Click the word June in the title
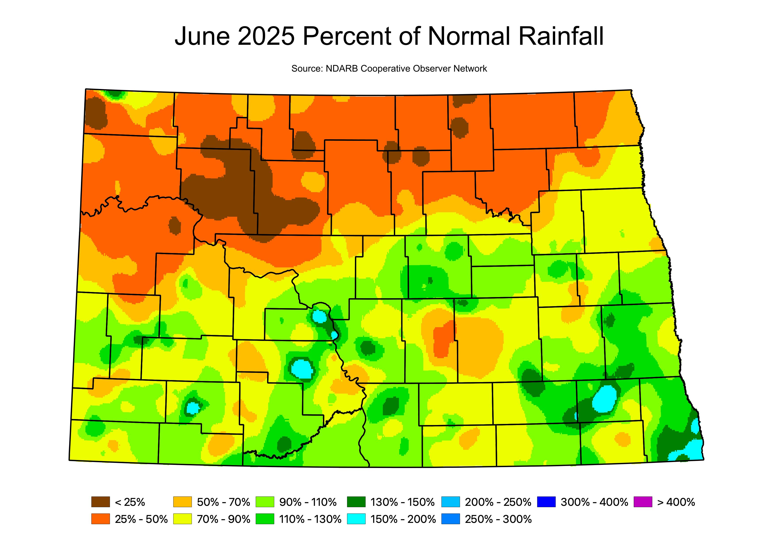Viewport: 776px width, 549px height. pyautogui.click(x=202, y=36)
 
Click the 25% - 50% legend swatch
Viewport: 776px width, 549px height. pyautogui.click(x=100, y=519)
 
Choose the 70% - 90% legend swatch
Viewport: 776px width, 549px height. pyautogui.click(x=183, y=519)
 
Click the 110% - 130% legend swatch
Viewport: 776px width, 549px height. pyautogui.click(x=265, y=519)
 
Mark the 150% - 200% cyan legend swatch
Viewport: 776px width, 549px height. pyautogui.click(x=356, y=519)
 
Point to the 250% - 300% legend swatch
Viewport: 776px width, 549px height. pyautogui.click(x=451, y=519)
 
